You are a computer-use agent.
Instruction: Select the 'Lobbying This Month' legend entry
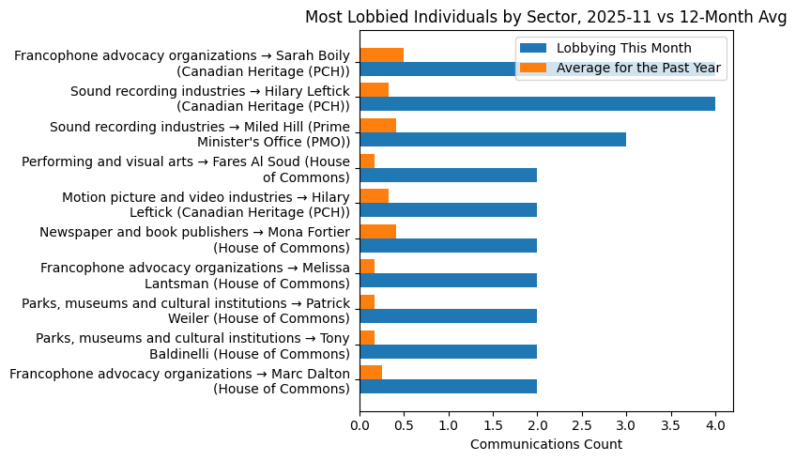623,48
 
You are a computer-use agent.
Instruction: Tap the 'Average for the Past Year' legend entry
638,67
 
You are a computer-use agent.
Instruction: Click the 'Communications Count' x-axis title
545,444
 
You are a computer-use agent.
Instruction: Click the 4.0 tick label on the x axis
715,425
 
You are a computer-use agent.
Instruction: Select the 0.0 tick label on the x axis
360,425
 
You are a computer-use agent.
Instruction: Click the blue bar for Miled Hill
493,139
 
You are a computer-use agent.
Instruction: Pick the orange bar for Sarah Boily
381,54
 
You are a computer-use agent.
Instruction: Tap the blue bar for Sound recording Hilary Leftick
537,104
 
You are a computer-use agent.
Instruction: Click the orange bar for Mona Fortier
377,231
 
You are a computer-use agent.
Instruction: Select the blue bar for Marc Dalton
448,387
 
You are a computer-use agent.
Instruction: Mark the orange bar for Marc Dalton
371,373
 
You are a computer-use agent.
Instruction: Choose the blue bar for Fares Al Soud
448,175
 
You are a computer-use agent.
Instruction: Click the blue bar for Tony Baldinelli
448,351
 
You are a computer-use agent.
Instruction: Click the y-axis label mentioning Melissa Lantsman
195,275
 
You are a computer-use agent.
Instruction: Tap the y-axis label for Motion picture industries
206,204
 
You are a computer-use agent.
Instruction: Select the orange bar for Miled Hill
377,125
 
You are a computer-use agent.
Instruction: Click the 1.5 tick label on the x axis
493,425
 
